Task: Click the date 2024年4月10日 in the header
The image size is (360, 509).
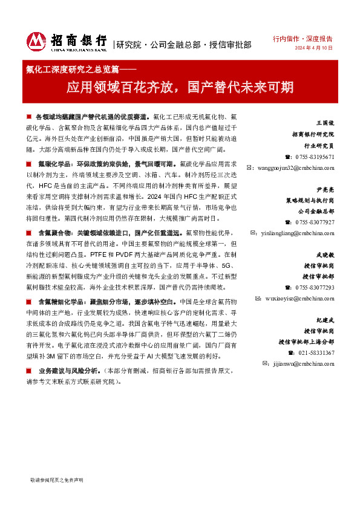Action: point(314,48)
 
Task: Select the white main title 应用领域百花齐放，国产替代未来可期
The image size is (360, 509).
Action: point(180,87)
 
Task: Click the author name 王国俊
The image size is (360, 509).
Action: point(325,123)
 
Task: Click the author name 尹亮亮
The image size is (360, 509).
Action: point(325,189)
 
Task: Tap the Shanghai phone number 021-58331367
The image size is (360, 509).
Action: point(315,353)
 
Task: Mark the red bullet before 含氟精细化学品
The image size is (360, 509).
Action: point(30,301)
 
